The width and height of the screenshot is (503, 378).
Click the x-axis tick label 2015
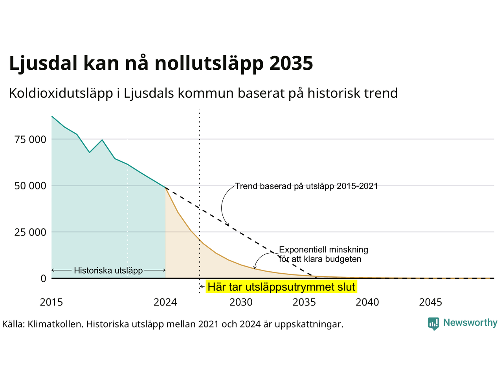pyautogui.click(x=51, y=302)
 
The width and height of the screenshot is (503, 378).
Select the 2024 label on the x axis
pyautogui.click(x=165, y=302)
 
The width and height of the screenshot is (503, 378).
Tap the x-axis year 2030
pyautogui.click(x=241, y=302)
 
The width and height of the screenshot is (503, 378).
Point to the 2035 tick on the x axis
pyautogui.click(x=304, y=302)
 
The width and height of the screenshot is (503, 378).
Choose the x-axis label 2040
pyautogui.click(x=367, y=302)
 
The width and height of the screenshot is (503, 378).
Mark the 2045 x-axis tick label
pyautogui.click(x=431, y=302)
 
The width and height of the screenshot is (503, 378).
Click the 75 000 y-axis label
pyautogui.click(x=30, y=139)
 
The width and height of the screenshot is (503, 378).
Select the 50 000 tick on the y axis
pyautogui.click(x=30, y=186)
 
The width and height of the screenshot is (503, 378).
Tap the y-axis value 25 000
pyautogui.click(x=30, y=232)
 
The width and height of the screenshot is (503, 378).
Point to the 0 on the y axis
pyautogui.click(x=43, y=279)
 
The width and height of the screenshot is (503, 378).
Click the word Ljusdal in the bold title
pyautogui.click(x=43, y=63)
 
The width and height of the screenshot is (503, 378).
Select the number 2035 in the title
pyautogui.click(x=291, y=63)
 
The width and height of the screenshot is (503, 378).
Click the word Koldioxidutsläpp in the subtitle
pyautogui.click(x=61, y=93)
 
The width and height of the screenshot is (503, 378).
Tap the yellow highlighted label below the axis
pyautogui.click(x=281, y=287)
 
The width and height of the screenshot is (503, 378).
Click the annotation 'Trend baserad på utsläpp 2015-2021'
pyautogui.click(x=307, y=186)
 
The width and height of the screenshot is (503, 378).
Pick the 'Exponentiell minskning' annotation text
pyautogui.click(x=323, y=250)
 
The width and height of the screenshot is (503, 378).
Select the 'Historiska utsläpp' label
pyautogui.click(x=108, y=271)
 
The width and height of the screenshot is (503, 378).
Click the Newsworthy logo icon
pyautogui.click(x=433, y=324)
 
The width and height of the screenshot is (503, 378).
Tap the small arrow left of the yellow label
pyautogui.click(x=202, y=286)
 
